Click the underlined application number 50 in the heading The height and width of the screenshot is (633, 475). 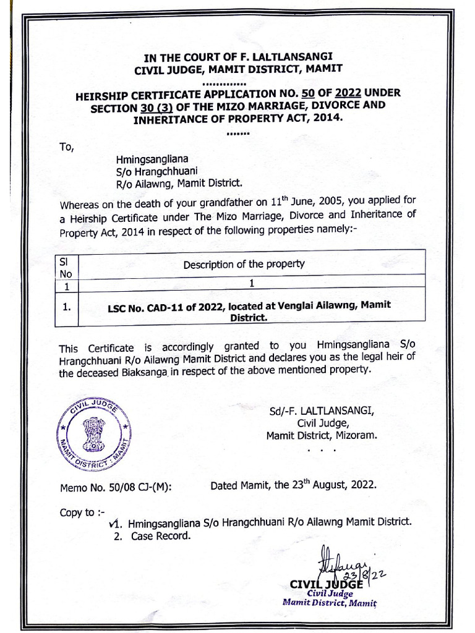coord(308,94)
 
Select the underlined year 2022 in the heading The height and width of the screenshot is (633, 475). coord(349,94)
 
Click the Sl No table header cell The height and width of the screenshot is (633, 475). coord(65,268)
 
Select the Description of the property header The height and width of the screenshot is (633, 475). coord(244,264)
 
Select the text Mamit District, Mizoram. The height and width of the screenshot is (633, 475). coord(321,435)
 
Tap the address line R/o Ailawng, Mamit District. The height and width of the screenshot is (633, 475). coord(175,183)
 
